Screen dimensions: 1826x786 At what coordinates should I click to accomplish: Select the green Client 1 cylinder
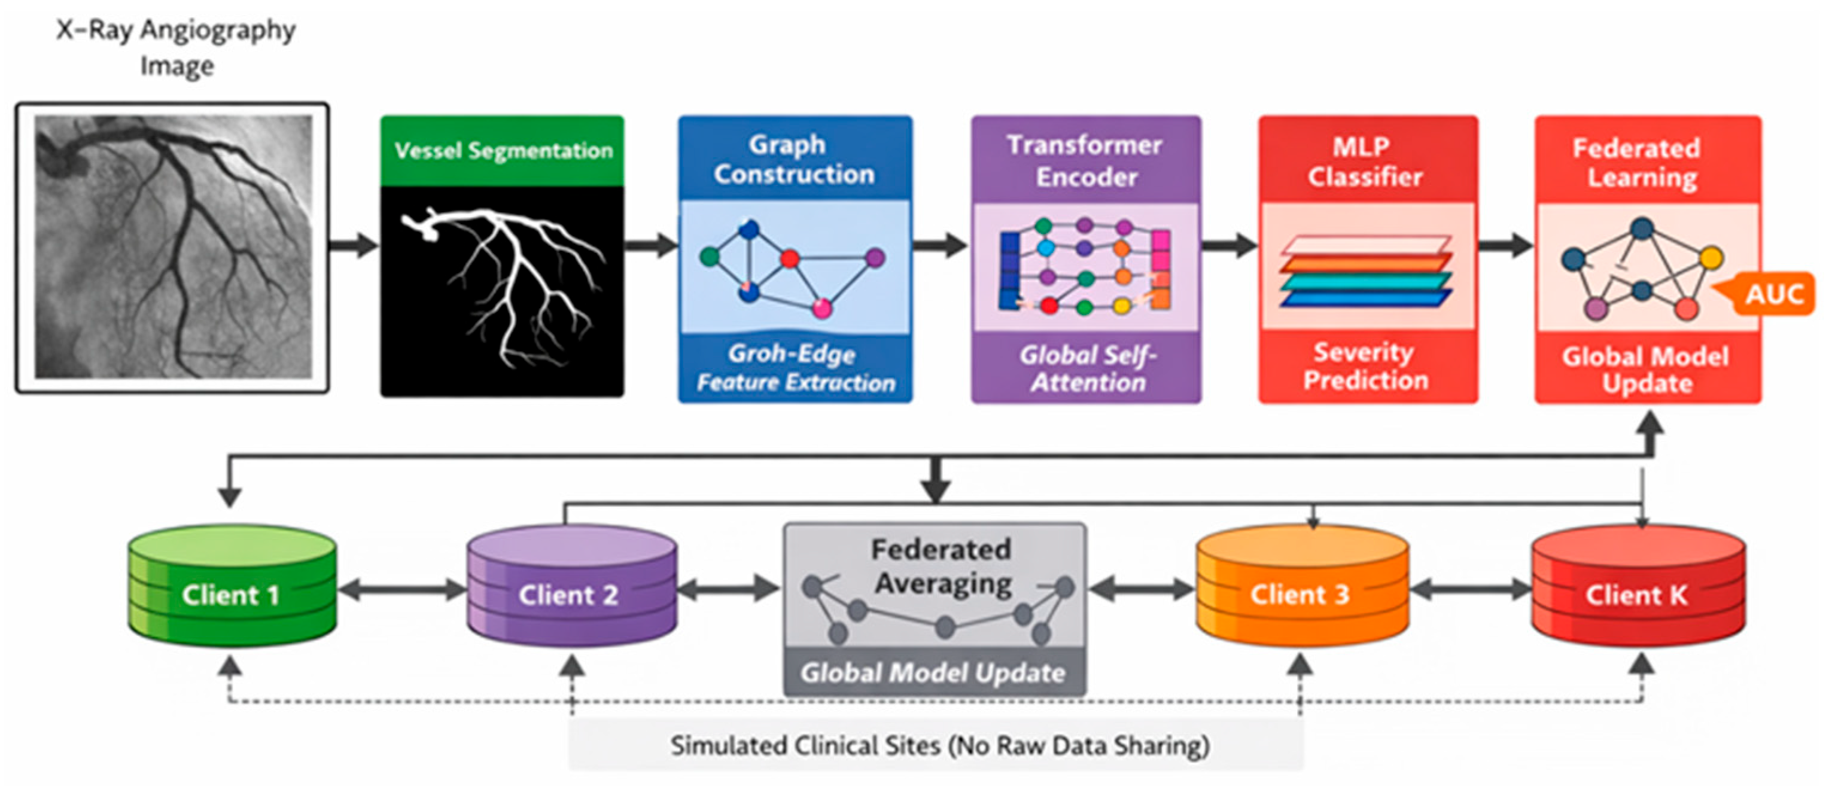[x=232, y=586]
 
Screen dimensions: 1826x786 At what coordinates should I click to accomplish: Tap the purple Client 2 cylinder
[x=571, y=586]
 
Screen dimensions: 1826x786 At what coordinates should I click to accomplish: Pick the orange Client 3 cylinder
[x=1301, y=586]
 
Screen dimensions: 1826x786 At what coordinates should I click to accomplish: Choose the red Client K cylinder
[x=1638, y=586]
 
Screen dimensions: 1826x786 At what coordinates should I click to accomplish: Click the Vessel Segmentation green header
[x=503, y=151]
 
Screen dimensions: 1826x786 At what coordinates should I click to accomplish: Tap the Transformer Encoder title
[x=1085, y=161]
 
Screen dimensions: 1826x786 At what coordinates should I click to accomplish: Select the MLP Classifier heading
[x=1365, y=162]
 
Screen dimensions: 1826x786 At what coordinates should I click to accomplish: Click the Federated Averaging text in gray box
[x=941, y=566]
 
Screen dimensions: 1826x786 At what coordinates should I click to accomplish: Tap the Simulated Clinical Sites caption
[x=940, y=745]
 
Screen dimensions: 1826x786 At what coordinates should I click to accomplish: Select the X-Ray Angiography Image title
[x=176, y=47]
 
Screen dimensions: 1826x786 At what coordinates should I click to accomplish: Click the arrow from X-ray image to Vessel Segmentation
[x=354, y=245]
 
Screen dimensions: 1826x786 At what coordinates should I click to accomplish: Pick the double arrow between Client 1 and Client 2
[x=402, y=590]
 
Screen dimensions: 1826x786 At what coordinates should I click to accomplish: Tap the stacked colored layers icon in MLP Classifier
[x=1365, y=271]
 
